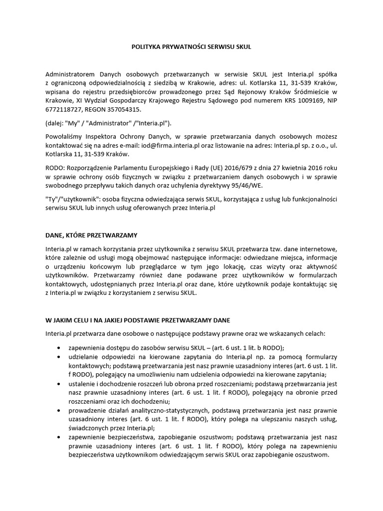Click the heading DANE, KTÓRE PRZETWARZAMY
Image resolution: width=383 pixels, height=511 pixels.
click(x=91, y=234)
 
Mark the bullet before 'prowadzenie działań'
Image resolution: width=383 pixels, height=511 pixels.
click(x=60, y=410)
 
